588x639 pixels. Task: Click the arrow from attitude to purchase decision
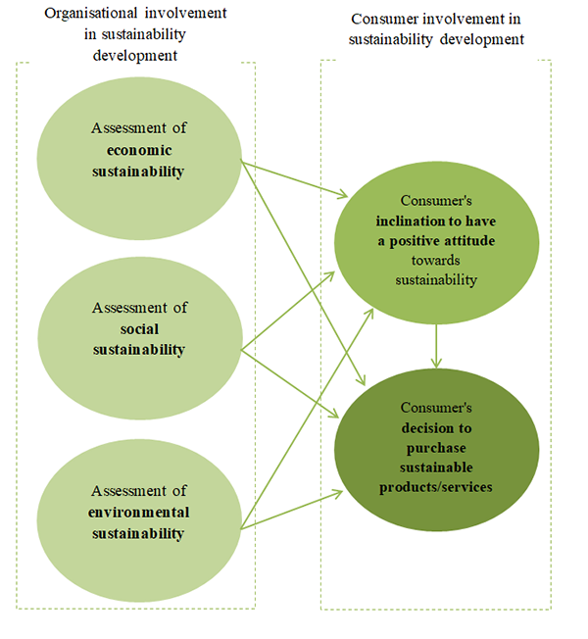click(x=436, y=347)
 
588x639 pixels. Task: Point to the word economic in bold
click(x=139, y=150)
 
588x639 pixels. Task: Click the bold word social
click(x=139, y=328)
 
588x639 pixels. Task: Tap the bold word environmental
click(x=139, y=513)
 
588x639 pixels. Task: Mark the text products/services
click(x=438, y=486)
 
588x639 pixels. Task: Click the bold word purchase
click(x=438, y=446)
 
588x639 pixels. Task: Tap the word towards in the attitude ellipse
click(x=436, y=263)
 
